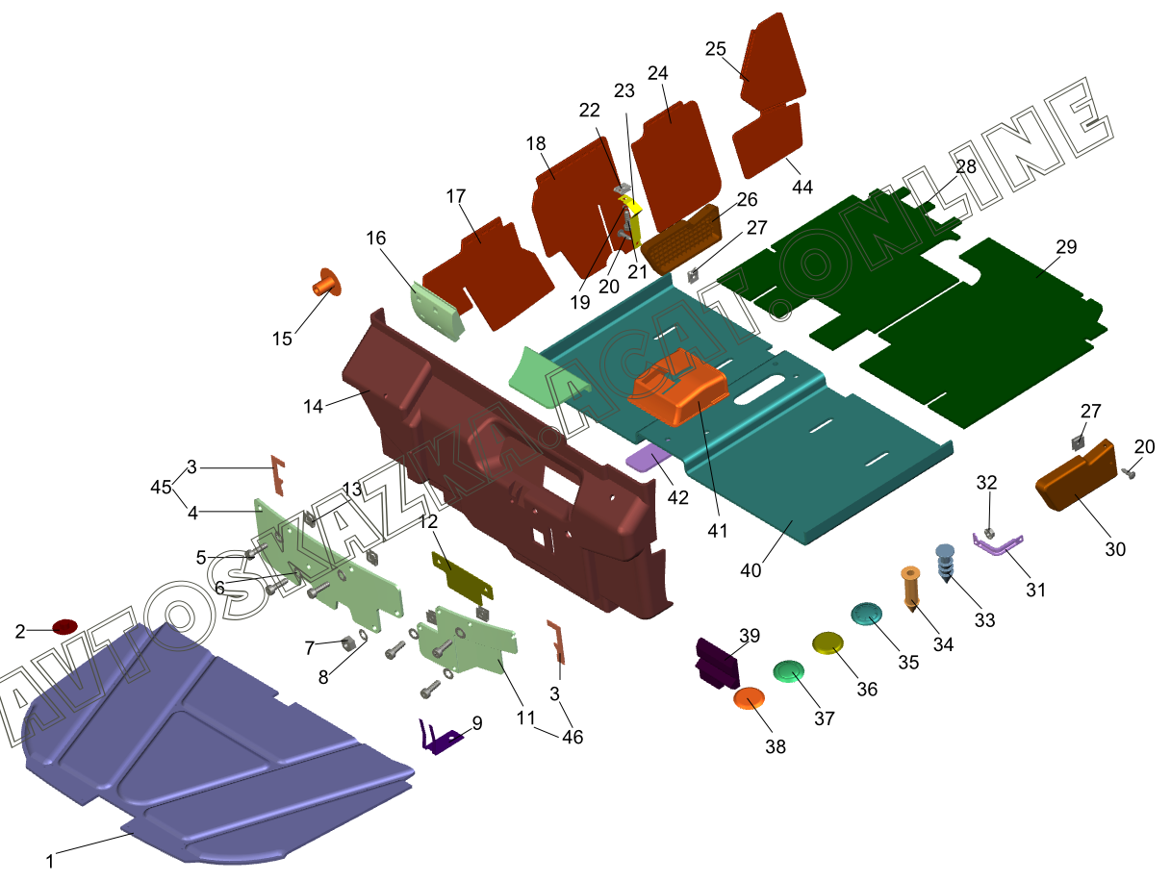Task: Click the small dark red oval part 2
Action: [64, 627]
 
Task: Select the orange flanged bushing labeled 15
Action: [326, 283]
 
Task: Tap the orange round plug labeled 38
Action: [749, 698]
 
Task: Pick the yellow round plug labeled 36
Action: [827, 642]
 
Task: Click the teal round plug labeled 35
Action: [866, 614]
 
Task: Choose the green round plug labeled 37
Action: [788, 671]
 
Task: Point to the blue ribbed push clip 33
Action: [946, 563]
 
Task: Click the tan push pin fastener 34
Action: [910, 589]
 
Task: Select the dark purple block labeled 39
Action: [718, 664]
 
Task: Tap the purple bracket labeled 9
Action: [440, 737]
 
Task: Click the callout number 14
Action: [313, 407]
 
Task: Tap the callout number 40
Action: [751, 570]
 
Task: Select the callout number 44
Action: [802, 188]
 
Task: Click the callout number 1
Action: [50, 861]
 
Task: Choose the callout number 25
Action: [716, 49]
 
